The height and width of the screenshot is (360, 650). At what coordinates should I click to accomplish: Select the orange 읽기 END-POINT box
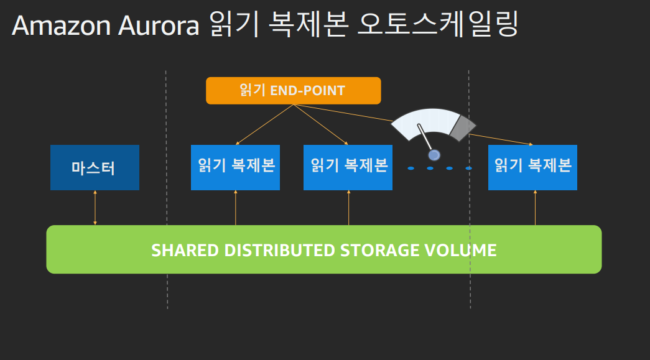293,91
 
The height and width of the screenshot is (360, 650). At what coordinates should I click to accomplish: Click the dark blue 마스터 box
95,167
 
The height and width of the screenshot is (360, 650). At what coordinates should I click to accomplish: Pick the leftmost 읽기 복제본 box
235,167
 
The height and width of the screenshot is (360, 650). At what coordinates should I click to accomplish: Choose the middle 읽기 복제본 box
348,167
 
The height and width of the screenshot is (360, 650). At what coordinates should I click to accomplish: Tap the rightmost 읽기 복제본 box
532,167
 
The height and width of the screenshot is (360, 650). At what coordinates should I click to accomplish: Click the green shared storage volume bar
323,249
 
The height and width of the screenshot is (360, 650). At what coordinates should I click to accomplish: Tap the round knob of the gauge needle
434,155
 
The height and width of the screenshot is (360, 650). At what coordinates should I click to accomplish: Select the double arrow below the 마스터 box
95,208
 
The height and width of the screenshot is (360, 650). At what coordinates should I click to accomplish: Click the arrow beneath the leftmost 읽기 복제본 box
236,208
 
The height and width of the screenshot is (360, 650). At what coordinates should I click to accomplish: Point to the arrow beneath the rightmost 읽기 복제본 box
535,208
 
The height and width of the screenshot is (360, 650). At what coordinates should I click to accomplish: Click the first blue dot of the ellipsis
411,168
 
